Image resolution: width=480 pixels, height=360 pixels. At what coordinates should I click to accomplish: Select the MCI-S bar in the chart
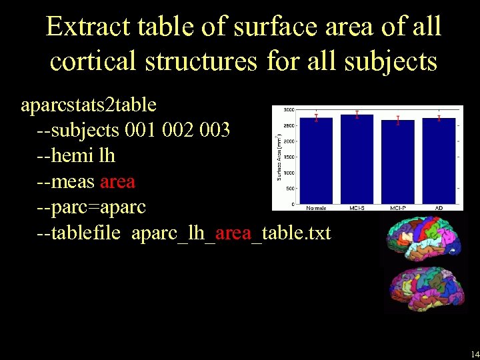pyautogui.click(x=357, y=160)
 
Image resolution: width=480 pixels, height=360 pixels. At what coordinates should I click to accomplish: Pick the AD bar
pyautogui.click(x=439, y=161)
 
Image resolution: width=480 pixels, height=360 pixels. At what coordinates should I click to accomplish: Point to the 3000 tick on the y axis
pyautogui.click(x=290, y=109)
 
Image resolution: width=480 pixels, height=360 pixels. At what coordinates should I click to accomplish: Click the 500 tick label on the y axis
pyautogui.click(x=291, y=189)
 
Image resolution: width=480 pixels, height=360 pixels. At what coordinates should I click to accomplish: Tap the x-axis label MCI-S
pyautogui.click(x=357, y=208)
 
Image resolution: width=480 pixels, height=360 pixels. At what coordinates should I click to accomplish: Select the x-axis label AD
pyautogui.click(x=439, y=208)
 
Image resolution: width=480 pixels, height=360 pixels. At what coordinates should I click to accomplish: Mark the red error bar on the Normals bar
pyautogui.click(x=316, y=118)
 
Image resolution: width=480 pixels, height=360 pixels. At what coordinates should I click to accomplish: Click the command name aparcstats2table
pyautogui.click(x=89, y=105)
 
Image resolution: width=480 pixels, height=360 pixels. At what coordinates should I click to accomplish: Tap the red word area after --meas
pyautogui.click(x=117, y=181)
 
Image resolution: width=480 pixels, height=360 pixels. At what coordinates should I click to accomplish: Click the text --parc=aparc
pyautogui.click(x=91, y=207)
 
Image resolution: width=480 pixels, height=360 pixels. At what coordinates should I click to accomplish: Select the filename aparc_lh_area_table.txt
pyautogui.click(x=231, y=233)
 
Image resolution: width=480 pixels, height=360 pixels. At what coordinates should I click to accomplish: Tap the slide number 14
pyautogui.click(x=474, y=353)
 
